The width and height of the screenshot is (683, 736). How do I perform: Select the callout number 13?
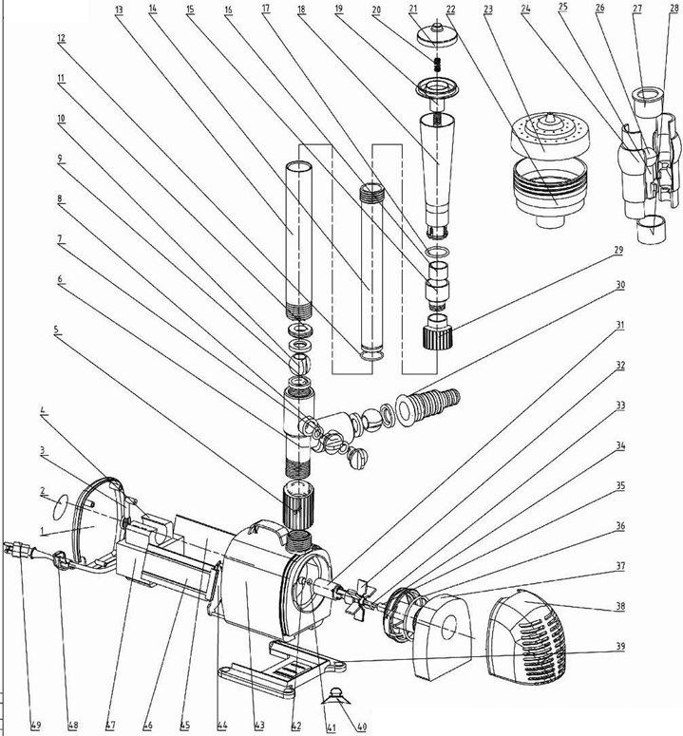coord(119,9)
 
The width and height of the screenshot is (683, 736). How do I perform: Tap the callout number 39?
coord(620,647)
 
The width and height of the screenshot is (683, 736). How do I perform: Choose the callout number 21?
coord(413,9)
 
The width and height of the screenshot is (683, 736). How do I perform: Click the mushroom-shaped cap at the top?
coord(436,33)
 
